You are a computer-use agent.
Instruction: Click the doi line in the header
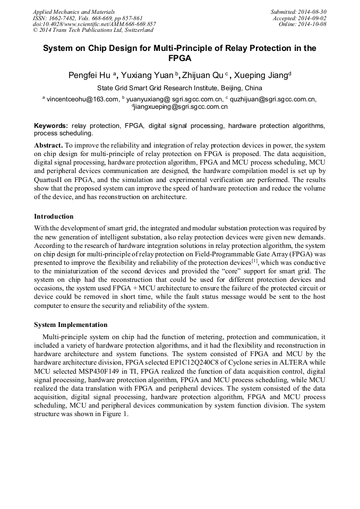[94, 24]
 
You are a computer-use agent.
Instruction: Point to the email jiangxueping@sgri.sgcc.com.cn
[181, 107]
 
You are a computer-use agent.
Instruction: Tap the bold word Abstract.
[48, 145]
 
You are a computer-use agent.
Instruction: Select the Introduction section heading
[54, 217]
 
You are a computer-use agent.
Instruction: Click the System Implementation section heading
[71, 325]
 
